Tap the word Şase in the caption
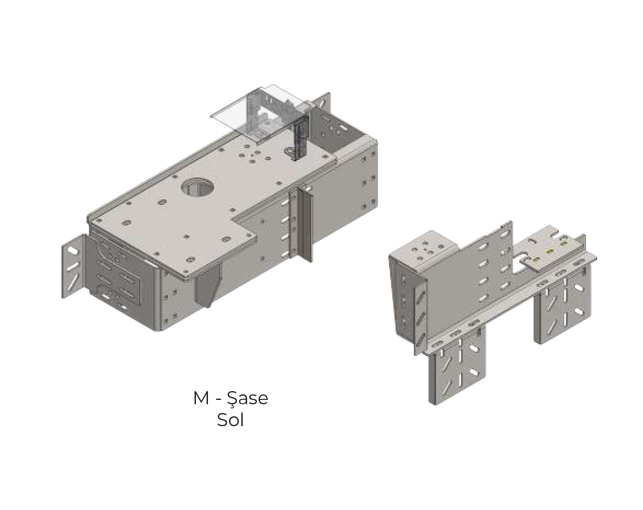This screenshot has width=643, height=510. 250,398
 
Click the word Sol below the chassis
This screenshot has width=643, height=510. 230,421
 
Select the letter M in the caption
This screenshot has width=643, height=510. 201,398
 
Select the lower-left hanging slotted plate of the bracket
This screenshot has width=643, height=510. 457,367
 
